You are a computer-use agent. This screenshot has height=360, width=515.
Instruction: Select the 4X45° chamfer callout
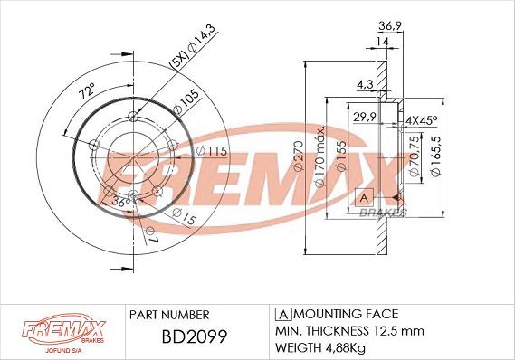pos(421,119)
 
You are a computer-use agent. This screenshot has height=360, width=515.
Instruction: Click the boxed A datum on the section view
pos(364,197)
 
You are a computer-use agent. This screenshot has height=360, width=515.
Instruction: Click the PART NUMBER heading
pos(169,314)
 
